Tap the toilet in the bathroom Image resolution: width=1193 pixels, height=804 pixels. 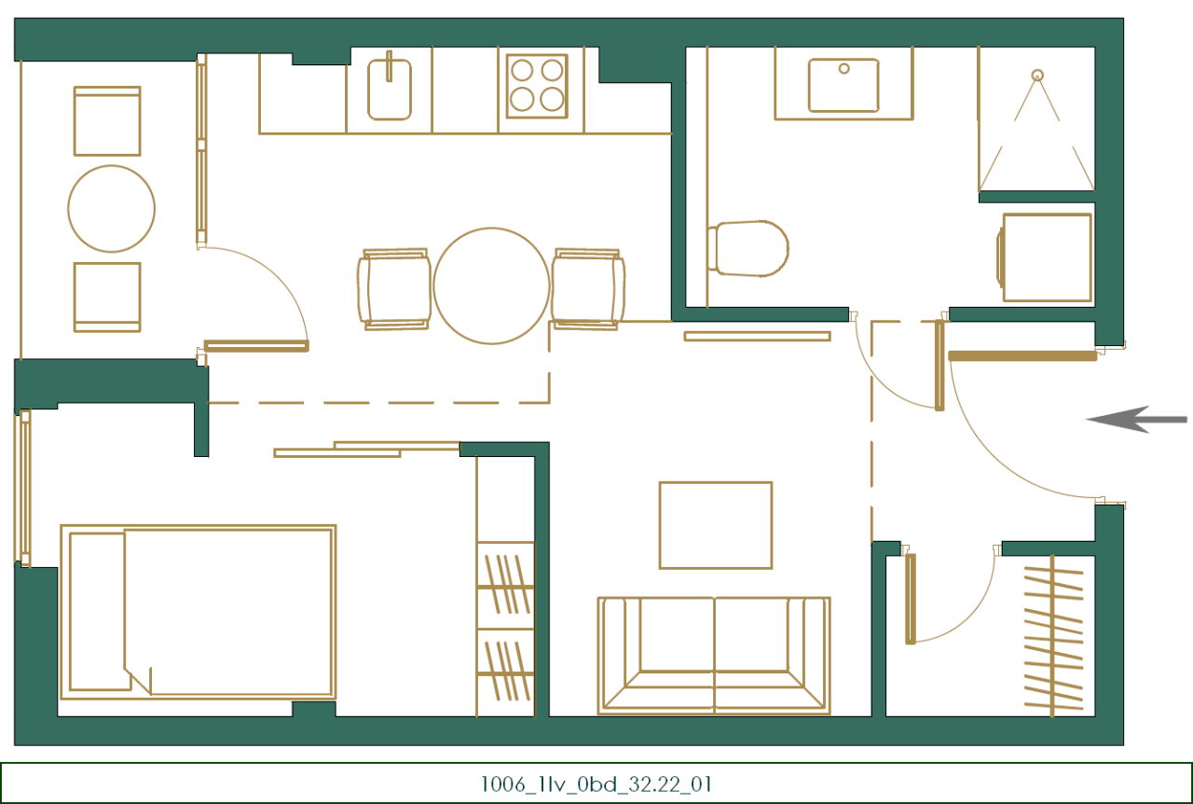pyautogui.click(x=748, y=249)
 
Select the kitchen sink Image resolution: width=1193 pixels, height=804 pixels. pyautogui.click(x=389, y=89)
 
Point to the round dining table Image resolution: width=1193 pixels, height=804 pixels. pyautogui.click(x=491, y=285)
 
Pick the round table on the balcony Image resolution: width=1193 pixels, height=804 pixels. pyautogui.click(x=111, y=209)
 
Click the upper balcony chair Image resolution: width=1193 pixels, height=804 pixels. pyautogui.click(x=107, y=121)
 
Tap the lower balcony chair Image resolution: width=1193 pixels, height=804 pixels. pyautogui.click(x=107, y=297)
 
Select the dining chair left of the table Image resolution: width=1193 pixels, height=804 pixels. pyautogui.click(x=394, y=289)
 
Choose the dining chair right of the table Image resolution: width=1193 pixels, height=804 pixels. pyautogui.click(x=587, y=288)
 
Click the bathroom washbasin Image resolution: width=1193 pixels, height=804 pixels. pyautogui.click(x=843, y=85)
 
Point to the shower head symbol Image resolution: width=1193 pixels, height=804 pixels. pyautogui.click(x=1036, y=75)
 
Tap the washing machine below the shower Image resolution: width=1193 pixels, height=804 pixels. pyautogui.click(x=1046, y=257)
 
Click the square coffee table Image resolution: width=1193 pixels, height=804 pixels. pyautogui.click(x=716, y=525)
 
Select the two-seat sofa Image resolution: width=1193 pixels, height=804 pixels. pyautogui.click(x=714, y=655)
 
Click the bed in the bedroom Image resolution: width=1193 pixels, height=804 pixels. pyautogui.click(x=198, y=612)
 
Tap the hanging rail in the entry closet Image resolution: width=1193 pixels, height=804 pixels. pyautogui.click(x=1052, y=636)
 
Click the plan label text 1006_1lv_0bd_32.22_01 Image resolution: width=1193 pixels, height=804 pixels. pyautogui.click(x=596, y=783)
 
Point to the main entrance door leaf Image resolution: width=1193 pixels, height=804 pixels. pyautogui.click(x=1022, y=355)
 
